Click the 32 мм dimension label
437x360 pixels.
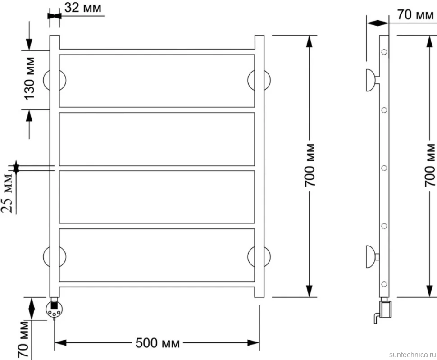click(83, 8)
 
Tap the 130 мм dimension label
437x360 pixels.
click(29, 78)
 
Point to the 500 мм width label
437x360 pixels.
click(158, 343)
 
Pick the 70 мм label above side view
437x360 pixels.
click(415, 14)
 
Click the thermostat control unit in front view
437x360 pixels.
click(54, 309)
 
